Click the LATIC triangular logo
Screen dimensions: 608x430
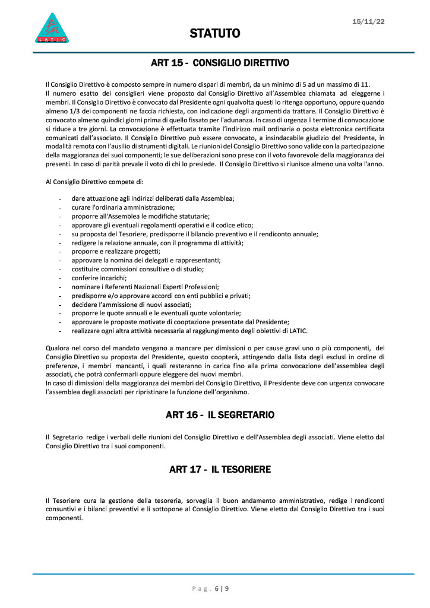click(54, 28)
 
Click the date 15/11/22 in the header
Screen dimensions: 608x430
click(368, 21)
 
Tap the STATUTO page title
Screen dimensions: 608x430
click(215, 34)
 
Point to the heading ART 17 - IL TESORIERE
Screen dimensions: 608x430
click(220, 470)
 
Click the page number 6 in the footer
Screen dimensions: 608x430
click(217, 589)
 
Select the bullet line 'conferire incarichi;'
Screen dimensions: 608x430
click(99, 278)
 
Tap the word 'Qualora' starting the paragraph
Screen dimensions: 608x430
click(58, 348)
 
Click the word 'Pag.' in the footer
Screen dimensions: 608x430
click(201, 589)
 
